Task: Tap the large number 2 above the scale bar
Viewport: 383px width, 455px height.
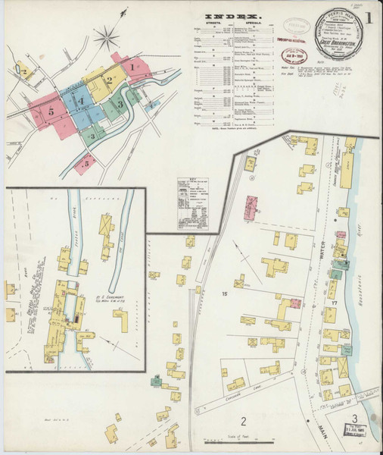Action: point(244,421)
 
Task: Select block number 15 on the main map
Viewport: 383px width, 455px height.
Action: point(224,293)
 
